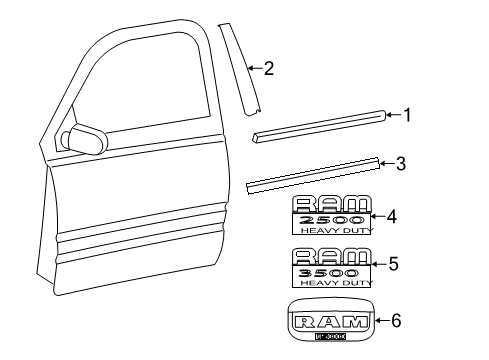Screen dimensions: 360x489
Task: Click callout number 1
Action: [408, 114]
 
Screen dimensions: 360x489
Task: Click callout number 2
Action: [268, 68]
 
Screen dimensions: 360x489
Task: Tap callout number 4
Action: [392, 215]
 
